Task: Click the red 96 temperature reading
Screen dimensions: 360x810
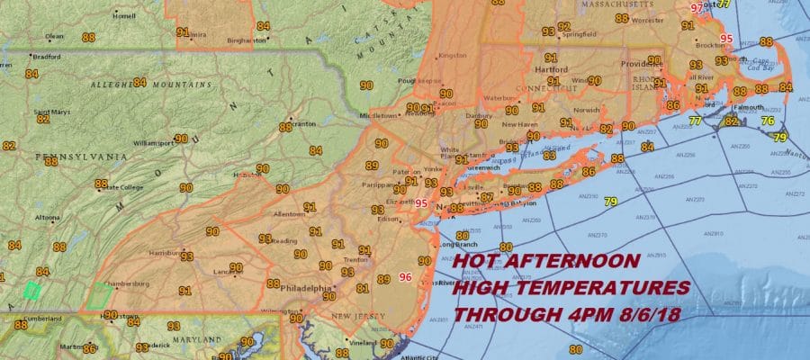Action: pos(405,277)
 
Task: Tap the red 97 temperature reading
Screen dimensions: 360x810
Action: pos(696,8)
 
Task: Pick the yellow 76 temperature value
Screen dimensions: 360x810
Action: pos(768,120)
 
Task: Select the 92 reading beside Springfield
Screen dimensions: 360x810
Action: pos(564,26)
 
